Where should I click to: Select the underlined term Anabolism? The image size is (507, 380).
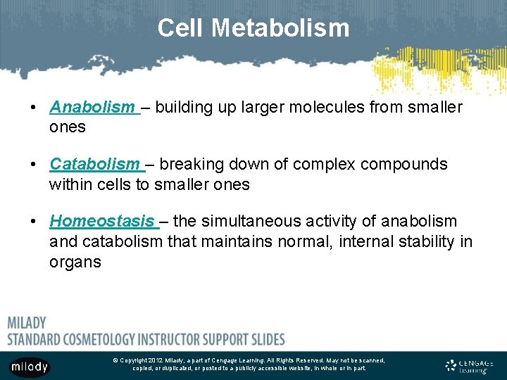(92, 107)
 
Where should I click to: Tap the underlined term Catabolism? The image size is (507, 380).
(94, 164)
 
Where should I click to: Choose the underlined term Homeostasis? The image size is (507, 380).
(101, 221)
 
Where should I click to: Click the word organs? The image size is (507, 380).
(75, 262)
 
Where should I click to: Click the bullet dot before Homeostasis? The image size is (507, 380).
(34, 221)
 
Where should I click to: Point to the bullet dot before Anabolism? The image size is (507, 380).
(34, 107)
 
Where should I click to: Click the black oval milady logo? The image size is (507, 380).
(30, 367)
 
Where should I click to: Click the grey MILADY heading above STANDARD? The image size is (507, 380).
(27, 323)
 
